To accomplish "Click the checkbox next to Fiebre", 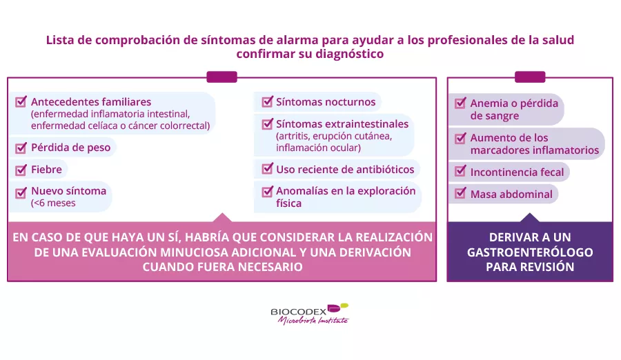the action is (x=21, y=170).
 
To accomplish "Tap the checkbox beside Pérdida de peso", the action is (x=21, y=148).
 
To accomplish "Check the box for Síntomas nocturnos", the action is (x=267, y=102).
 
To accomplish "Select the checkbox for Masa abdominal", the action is (x=460, y=193).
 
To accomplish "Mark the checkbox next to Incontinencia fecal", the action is (x=460, y=171).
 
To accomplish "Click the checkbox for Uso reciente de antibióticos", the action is (x=267, y=169).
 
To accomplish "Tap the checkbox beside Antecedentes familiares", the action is (x=21, y=101).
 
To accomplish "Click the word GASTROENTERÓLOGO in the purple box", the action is (x=530, y=252).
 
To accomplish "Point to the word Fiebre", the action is (x=47, y=170).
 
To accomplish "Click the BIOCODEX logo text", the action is (x=299, y=312).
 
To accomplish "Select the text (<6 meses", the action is (x=53, y=203).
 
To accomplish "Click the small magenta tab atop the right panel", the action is (x=530, y=77).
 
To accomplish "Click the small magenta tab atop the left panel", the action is (x=221, y=77).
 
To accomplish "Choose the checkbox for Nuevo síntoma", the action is (x=21, y=193).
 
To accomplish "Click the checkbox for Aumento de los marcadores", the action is (x=460, y=138).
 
